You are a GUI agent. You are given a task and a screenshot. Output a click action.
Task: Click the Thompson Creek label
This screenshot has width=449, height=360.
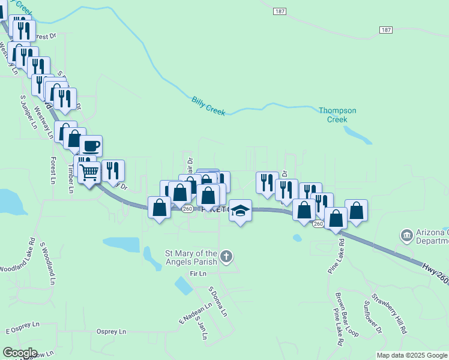click(x=337, y=115)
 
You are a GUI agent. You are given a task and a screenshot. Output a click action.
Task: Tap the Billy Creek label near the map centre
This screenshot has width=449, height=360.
click(x=208, y=105)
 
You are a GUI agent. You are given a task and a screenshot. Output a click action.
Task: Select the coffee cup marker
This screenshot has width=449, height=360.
click(x=91, y=146)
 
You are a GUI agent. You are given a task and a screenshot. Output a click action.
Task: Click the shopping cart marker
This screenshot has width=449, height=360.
click(x=89, y=172)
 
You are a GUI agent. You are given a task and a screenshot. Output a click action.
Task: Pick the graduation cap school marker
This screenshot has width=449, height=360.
click(x=241, y=210)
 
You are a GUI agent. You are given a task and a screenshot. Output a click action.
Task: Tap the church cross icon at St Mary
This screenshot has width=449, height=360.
click(x=226, y=257)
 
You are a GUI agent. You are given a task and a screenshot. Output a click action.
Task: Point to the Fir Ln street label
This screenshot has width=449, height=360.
click(x=197, y=274)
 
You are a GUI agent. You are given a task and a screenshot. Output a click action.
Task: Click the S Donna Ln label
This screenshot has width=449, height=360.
click(x=218, y=302)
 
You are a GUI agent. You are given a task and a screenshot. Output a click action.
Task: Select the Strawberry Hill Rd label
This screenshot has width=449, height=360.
click(x=388, y=313)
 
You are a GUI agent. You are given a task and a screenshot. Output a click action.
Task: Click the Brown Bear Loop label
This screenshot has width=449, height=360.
click(x=347, y=314)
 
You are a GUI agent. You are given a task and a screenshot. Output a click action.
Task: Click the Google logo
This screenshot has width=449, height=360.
click(x=20, y=353)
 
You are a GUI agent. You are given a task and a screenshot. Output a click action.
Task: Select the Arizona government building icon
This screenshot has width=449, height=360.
click(x=406, y=234)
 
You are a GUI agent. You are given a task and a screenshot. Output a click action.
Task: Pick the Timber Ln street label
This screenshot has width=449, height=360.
click(x=70, y=179)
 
